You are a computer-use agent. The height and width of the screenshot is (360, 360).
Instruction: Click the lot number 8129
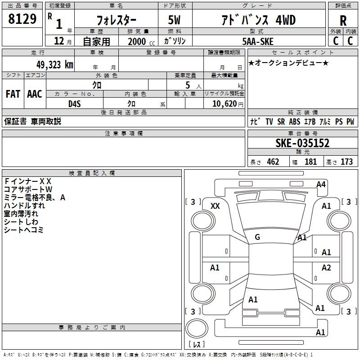tap(22, 19)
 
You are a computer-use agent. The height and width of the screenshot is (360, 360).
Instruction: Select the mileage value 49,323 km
tap(54, 65)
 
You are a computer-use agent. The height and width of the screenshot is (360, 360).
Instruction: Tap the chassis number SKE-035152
tap(302, 143)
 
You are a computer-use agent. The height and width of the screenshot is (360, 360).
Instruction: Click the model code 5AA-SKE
tap(258, 41)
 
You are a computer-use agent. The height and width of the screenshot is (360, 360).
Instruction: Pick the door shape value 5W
tap(174, 20)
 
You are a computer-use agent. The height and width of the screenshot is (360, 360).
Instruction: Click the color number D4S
tap(75, 104)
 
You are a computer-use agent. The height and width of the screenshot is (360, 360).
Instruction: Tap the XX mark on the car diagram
tap(215, 206)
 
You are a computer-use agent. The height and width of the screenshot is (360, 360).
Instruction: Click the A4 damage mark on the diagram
tap(321, 184)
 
